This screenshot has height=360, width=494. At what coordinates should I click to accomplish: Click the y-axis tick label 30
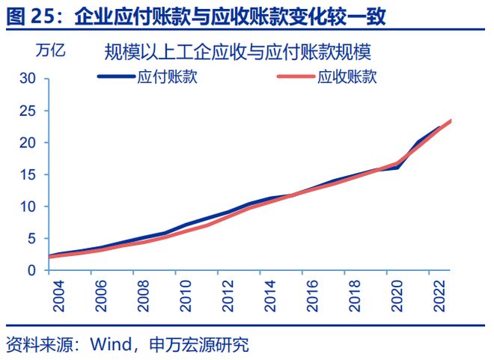coord(28,79)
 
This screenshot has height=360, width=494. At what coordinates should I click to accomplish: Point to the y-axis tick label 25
coord(28,111)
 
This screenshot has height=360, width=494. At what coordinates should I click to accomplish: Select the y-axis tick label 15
coord(28,174)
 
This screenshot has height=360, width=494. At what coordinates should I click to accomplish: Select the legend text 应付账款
coord(167,76)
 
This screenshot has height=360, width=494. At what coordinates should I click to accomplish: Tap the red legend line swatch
coord(296,76)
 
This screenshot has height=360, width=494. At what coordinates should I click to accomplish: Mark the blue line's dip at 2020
coord(396,167)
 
